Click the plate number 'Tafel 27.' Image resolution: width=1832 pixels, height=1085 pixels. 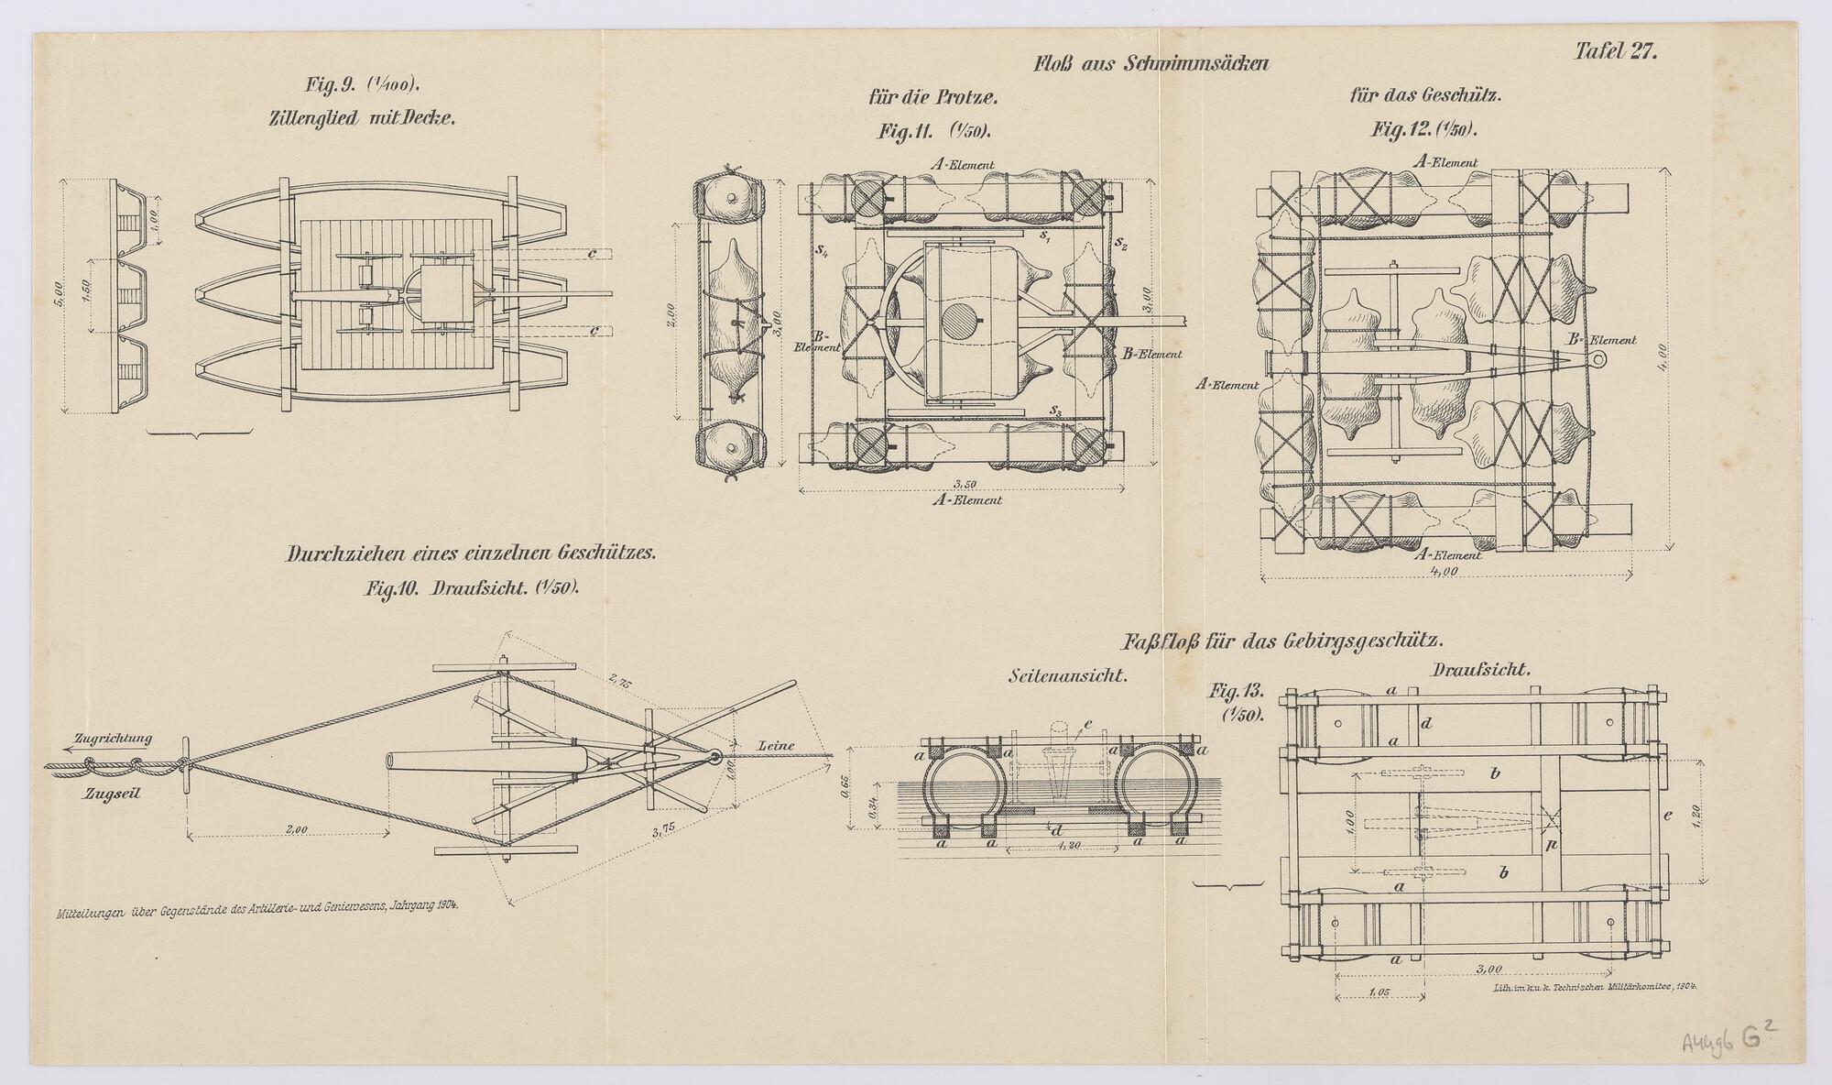[x=1615, y=52]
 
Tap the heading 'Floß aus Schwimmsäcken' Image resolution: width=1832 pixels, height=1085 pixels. [x=1150, y=64]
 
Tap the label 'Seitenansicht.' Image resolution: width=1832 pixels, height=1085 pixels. [x=1066, y=675]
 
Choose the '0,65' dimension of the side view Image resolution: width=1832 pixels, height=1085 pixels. [x=844, y=789]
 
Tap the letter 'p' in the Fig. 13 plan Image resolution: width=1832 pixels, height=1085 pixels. [x=1550, y=845]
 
